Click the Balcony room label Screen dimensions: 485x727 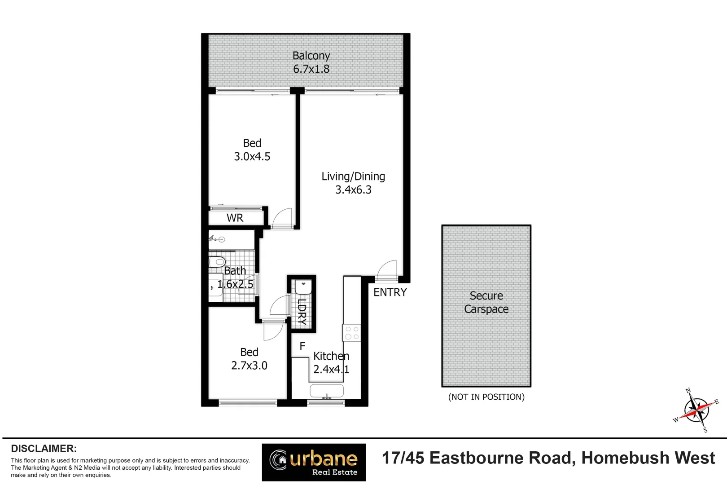point(311,56)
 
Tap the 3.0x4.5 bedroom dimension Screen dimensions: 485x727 point(252,157)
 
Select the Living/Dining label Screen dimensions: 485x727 point(353,176)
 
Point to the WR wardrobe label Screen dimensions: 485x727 point(235,218)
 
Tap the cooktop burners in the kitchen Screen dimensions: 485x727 point(352,333)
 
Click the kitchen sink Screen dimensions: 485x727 point(327,390)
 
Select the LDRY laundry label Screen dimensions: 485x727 point(302,312)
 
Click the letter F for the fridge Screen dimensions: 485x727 point(302,346)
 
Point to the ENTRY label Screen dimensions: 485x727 point(390,292)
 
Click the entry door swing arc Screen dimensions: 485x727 point(386,269)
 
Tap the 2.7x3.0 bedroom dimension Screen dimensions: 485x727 point(249,366)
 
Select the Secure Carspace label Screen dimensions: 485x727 point(486,302)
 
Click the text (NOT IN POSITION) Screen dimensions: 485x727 point(486,397)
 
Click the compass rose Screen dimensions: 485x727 point(696,410)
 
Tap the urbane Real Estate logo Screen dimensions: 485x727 point(314,462)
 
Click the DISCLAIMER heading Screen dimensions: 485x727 point(44,449)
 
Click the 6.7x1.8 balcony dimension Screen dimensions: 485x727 point(311,69)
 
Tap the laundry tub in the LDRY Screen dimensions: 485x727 point(303,287)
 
